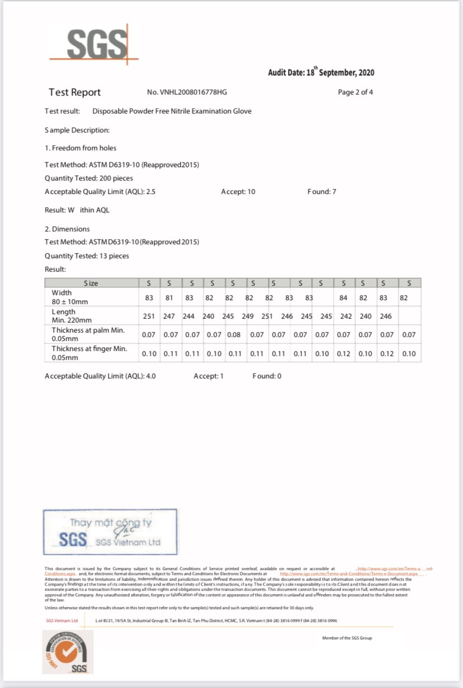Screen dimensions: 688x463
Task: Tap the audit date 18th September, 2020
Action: click(321, 73)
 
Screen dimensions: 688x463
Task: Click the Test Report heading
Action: click(74, 93)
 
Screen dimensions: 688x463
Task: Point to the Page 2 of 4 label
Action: click(355, 93)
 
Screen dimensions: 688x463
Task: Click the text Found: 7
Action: click(322, 192)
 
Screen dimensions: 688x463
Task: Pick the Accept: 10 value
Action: click(238, 192)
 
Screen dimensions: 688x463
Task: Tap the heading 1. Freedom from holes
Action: click(81, 148)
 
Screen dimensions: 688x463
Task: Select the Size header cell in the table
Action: click(91, 283)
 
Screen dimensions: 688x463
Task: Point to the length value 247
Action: click(169, 316)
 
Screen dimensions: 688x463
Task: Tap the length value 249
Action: click(248, 316)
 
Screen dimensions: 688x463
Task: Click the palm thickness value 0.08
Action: click(233, 335)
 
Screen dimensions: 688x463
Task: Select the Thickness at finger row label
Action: click(89, 353)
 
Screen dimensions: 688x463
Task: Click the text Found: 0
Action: click(267, 376)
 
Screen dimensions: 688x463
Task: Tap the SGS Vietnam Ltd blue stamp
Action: click(110, 532)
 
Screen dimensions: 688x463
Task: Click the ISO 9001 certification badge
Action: click(68, 652)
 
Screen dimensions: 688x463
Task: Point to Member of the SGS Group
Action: click(347, 638)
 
